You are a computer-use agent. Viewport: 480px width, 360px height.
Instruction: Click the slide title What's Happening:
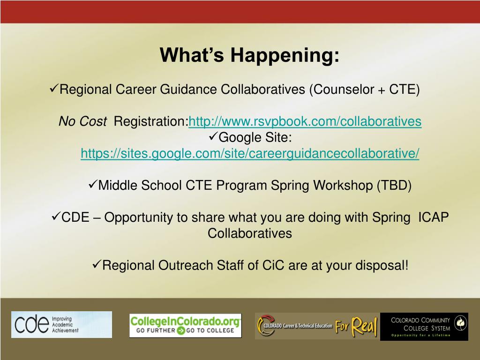[x=249, y=55]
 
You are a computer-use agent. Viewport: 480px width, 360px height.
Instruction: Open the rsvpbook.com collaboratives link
[x=305, y=121]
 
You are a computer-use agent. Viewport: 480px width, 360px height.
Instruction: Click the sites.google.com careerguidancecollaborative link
[x=250, y=153]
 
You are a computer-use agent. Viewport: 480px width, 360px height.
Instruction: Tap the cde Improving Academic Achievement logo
[x=61, y=324]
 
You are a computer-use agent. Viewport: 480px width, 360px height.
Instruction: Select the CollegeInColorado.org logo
[x=185, y=325]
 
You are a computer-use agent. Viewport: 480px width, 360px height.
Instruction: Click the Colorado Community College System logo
[x=424, y=327]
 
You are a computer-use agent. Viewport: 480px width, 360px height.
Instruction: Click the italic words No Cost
[x=82, y=121]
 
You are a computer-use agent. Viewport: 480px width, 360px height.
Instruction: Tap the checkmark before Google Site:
[x=213, y=136]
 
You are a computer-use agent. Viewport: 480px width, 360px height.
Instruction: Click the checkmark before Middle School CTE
[x=92, y=184]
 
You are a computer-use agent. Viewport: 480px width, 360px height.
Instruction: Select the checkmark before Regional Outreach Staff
[x=97, y=264]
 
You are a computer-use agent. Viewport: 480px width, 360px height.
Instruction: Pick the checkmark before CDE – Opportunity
[x=56, y=216]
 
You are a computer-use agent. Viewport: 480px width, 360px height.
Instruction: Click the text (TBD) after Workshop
[x=394, y=186]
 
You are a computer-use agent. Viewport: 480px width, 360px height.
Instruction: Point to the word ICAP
[x=433, y=217]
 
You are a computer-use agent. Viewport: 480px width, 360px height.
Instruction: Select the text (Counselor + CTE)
[x=364, y=90]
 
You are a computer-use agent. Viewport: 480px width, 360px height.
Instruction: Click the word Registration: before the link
[x=151, y=121]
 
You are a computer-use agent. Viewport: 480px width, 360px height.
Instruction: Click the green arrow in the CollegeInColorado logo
[x=181, y=330]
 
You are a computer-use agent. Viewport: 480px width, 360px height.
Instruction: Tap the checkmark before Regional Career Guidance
[x=53, y=88]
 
